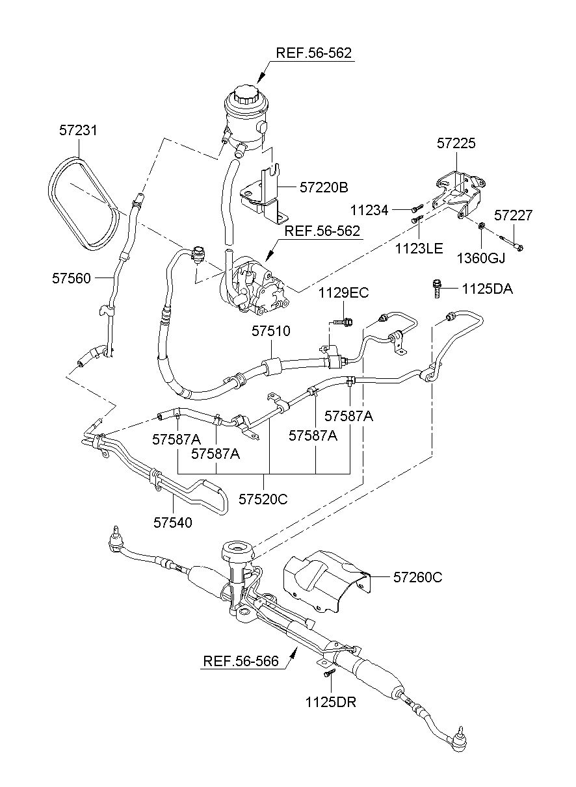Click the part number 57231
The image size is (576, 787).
click(x=77, y=131)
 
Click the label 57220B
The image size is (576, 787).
click(x=324, y=187)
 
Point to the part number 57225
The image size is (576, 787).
click(x=456, y=143)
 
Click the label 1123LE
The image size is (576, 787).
click(x=419, y=249)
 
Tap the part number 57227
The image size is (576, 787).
click(x=514, y=215)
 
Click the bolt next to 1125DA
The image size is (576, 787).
click(x=437, y=289)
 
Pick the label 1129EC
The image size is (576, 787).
click(x=344, y=292)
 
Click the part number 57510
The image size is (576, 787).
click(x=271, y=331)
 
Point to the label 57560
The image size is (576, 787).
click(x=72, y=278)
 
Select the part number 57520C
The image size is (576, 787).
click(x=263, y=499)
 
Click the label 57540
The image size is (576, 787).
click(x=173, y=523)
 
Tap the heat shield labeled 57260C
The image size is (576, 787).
click(x=326, y=582)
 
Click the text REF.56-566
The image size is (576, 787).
click(x=241, y=661)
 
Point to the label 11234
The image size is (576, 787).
click(x=369, y=211)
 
